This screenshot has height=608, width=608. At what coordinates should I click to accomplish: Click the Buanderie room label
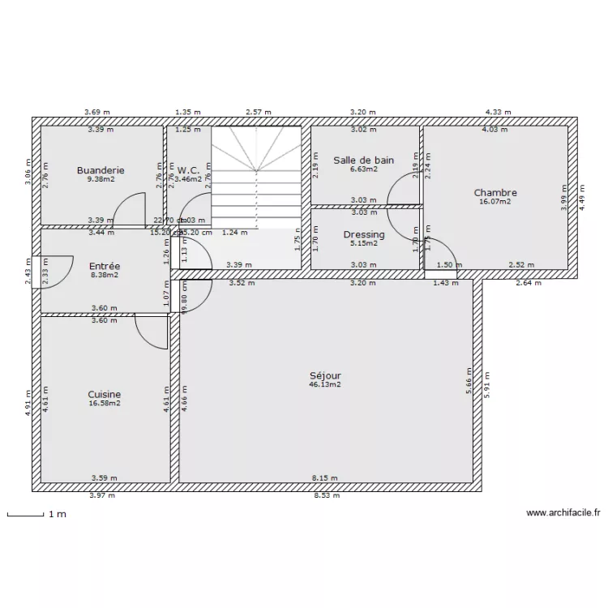click(101, 170)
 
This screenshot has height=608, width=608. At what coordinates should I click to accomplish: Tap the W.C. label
click(188, 170)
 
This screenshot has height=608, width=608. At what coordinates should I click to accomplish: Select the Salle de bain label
click(364, 161)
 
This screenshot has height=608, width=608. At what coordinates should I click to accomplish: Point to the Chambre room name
click(495, 193)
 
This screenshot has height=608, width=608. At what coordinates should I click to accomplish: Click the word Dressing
click(364, 235)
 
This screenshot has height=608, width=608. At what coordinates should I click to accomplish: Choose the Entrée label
click(105, 266)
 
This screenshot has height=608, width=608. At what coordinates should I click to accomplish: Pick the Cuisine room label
click(105, 395)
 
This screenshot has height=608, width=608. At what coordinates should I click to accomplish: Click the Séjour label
click(325, 376)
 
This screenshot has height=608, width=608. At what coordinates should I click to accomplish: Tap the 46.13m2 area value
click(325, 385)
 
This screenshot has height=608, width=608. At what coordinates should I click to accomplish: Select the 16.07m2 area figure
click(495, 202)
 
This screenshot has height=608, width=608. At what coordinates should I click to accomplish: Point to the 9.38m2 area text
click(101, 179)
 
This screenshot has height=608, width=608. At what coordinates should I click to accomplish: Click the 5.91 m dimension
click(488, 383)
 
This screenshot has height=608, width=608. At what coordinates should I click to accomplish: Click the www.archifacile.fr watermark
click(563, 513)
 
